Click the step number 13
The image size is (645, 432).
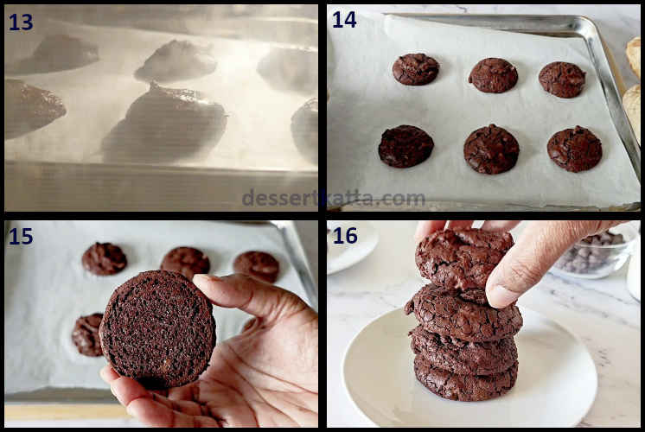coord(21,22)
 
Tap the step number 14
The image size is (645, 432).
coord(344,19)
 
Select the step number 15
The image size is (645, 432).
coord(21,236)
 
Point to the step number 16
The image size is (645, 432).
coord(344,236)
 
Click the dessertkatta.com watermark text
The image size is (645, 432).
coord(333,198)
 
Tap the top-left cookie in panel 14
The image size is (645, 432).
coord(415,69)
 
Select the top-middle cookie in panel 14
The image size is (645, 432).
coord(493,75)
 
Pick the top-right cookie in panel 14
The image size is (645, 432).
coord(562,79)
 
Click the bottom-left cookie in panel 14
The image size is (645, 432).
coord(406,146)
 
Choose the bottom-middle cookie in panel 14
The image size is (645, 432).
coord(491,149)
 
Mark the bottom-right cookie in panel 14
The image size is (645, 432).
coord(574,149)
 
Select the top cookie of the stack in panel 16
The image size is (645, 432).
coord(463,257)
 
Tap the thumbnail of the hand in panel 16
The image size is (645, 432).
coord(502,295)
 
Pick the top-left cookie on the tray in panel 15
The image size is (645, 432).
coord(104,258)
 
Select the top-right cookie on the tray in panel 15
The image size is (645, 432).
coord(256,265)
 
